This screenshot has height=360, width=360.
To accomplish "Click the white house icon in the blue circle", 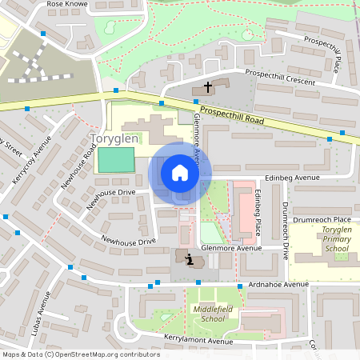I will (180, 172).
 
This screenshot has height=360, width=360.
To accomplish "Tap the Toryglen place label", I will (116, 138).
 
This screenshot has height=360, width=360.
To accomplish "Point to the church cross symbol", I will (208, 86).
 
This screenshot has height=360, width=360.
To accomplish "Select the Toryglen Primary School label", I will (324, 239).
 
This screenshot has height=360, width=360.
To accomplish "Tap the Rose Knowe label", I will (67, 4).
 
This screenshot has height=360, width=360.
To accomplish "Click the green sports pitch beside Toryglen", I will (115, 159).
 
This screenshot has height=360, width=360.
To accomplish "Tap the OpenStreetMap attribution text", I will (80, 354).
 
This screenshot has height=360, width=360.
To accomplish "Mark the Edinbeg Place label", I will (257, 212).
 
